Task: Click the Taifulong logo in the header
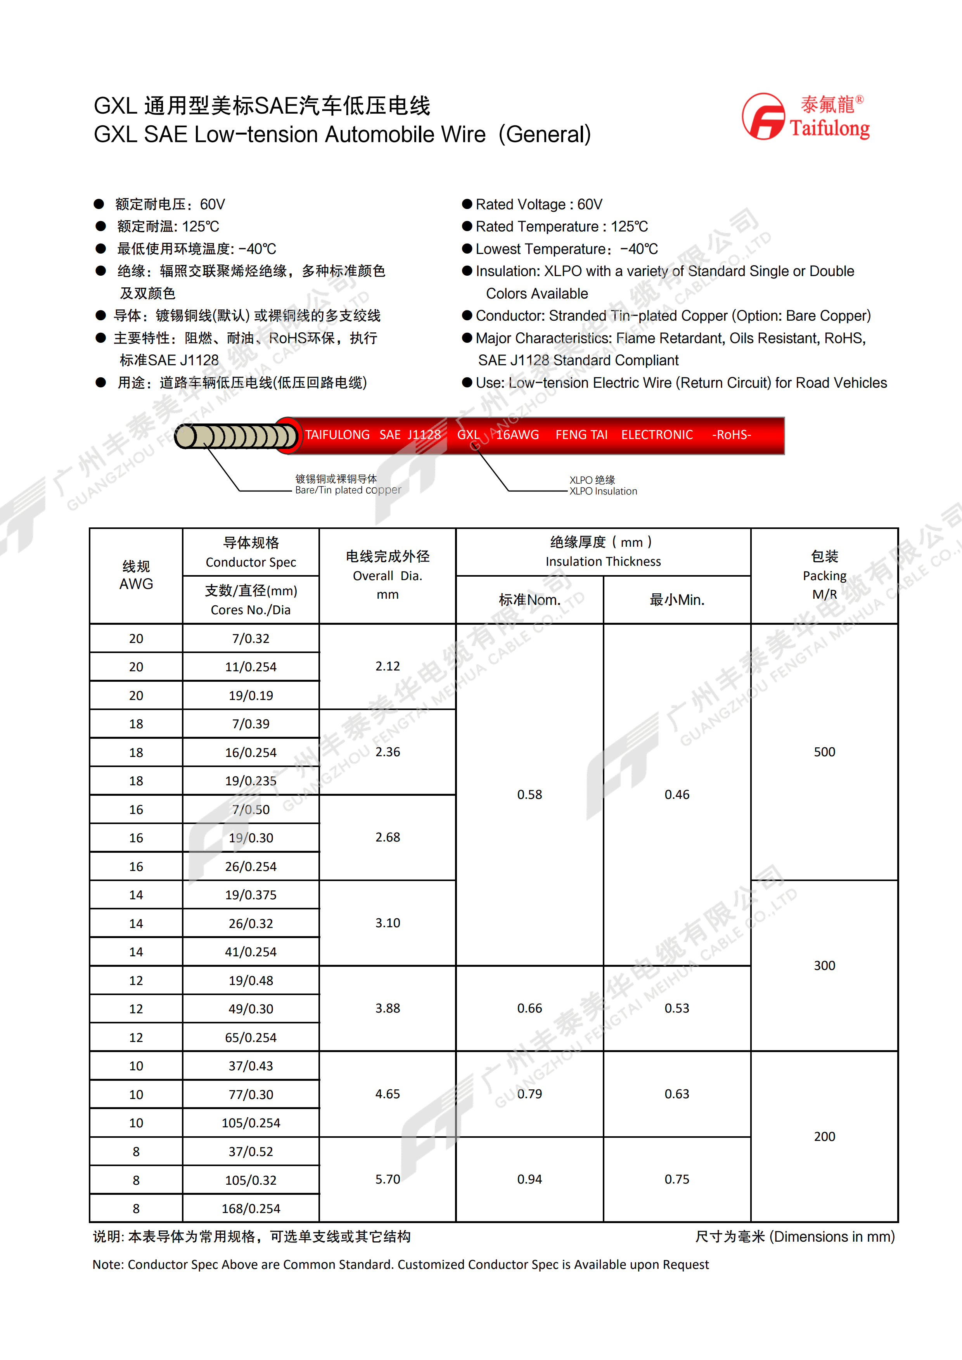pos(806,117)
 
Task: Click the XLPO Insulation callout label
pos(603,491)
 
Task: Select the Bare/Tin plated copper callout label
pos(348,490)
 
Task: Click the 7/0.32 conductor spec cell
pos(251,639)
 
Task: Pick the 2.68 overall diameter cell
pos(388,837)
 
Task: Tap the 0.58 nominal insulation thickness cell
pos(529,794)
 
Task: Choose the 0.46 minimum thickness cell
pos(677,794)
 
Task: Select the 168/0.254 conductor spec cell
pos(251,1208)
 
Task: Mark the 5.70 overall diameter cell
pos(388,1179)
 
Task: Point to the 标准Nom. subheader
pos(529,600)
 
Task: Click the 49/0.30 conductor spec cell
pos(251,1009)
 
